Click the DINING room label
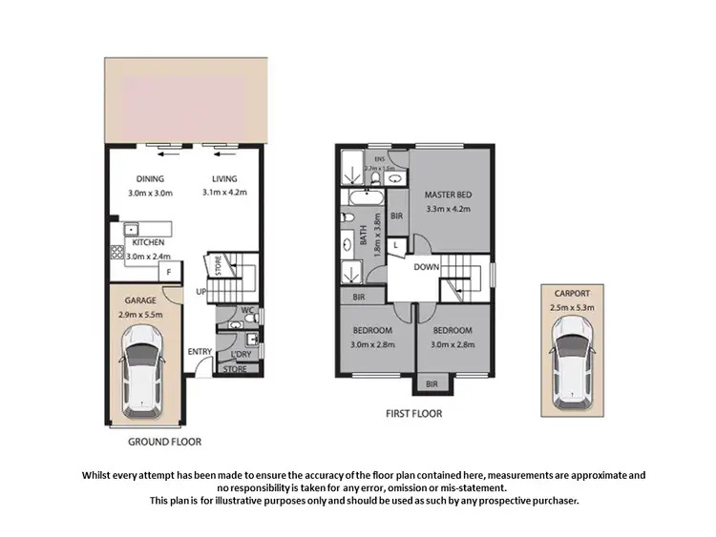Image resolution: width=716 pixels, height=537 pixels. pyautogui.click(x=150, y=178)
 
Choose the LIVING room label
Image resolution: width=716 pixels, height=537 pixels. pyautogui.click(x=224, y=178)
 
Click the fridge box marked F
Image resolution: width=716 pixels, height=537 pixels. pyautogui.click(x=169, y=272)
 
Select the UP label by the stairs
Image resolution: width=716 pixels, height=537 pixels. pyautogui.click(x=201, y=291)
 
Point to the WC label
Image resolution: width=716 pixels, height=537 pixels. pyautogui.click(x=246, y=310)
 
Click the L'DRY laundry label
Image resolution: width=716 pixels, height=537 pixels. pyautogui.click(x=240, y=353)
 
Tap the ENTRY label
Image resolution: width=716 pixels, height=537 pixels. pyautogui.click(x=200, y=352)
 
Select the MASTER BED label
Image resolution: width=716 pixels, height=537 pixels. pyautogui.click(x=448, y=196)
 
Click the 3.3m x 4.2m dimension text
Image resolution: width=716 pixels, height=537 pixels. pyautogui.click(x=448, y=209)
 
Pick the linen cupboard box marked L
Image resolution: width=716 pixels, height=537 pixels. pyautogui.click(x=394, y=246)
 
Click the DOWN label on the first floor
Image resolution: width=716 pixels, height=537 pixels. pyautogui.click(x=426, y=267)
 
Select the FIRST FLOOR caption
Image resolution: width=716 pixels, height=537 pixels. pyautogui.click(x=413, y=414)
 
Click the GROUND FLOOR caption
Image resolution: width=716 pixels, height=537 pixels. pyautogui.click(x=164, y=442)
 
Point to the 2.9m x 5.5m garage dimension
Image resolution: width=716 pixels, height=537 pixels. pyautogui.click(x=141, y=313)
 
